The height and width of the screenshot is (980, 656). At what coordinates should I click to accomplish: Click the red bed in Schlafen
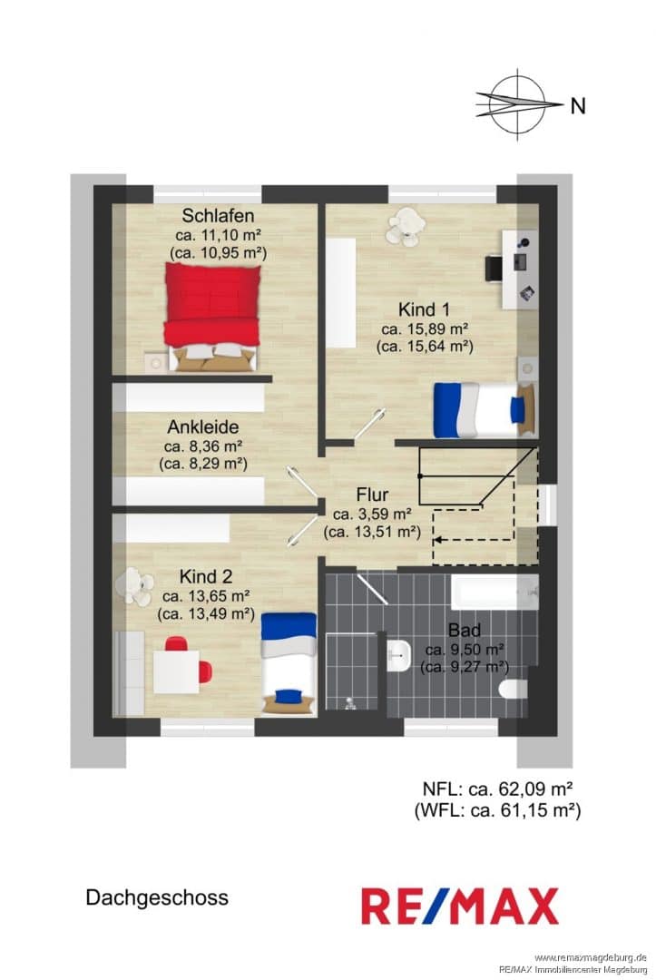point(211,317)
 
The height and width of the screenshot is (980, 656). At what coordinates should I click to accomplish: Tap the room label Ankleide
point(203,426)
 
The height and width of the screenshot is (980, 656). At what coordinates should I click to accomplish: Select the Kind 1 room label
point(425,309)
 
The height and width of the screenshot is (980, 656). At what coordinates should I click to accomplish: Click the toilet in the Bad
point(514,690)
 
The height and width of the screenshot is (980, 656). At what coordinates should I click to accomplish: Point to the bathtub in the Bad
point(494,592)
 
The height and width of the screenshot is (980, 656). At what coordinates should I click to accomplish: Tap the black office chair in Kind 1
point(494,268)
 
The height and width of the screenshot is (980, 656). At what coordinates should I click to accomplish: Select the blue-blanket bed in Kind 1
point(485,409)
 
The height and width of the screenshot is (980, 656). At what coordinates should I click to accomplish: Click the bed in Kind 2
point(289,663)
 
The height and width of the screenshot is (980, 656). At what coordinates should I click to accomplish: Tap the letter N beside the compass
point(579,106)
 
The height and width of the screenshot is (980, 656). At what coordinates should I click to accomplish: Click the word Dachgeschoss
point(157,897)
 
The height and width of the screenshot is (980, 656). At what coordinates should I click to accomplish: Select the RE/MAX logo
point(460,906)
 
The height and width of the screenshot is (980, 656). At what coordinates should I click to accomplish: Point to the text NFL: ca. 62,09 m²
point(498,789)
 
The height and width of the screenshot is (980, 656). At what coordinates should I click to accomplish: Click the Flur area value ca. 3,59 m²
point(372,514)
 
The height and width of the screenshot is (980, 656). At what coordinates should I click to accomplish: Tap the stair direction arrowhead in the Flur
point(438,538)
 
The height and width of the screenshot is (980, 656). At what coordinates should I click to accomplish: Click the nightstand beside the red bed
point(155,362)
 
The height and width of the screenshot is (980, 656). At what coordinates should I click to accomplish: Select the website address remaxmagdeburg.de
point(591,957)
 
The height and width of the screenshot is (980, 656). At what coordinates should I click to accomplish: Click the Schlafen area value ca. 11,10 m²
point(218,235)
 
